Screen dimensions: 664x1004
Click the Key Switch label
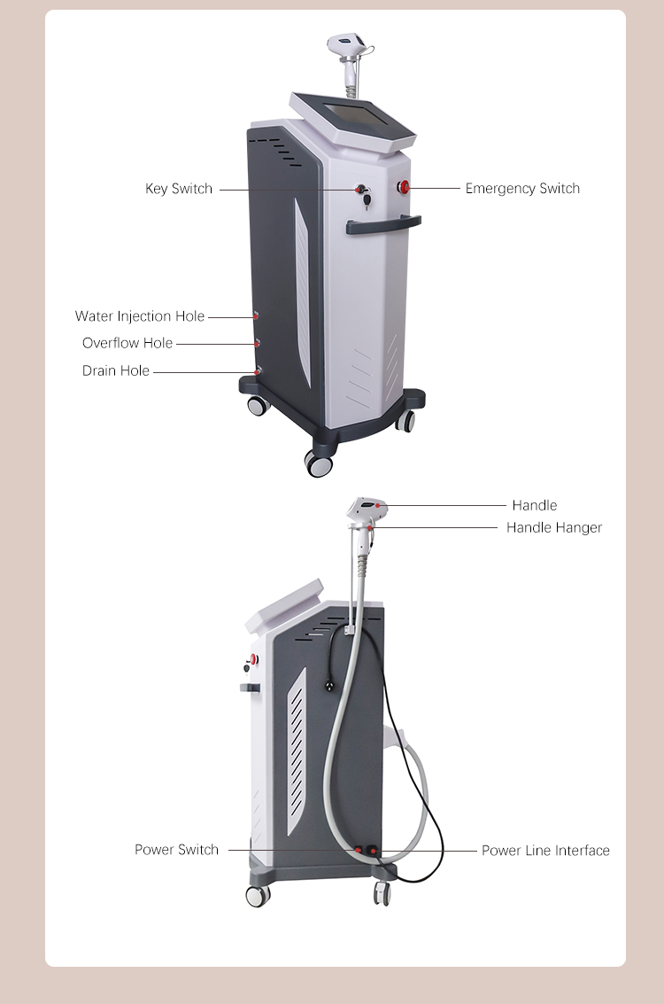click(179, 189)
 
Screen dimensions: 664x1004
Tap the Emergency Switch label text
click(522, 188)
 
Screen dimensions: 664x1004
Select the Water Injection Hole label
click(140, 316)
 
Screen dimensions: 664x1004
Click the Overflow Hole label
click(127, 343)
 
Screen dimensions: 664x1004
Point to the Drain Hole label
click(116, 370)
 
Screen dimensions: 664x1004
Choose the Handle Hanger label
click(554, 527)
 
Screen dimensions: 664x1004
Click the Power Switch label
click(176, 850)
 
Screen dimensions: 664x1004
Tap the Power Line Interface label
click(545, 851)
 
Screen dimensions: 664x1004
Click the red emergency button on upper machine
click(403, 187)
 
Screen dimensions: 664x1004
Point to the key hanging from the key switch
click(367, 202)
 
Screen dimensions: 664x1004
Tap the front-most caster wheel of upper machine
click(319, 463)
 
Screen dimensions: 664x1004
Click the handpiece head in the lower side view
click(367, 509)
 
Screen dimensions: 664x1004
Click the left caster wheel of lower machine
click(258, 894)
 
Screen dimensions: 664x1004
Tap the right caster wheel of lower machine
click(382, 893)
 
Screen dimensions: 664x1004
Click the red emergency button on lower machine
click(254, 659)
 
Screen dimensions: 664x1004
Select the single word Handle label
click(534, 505)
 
